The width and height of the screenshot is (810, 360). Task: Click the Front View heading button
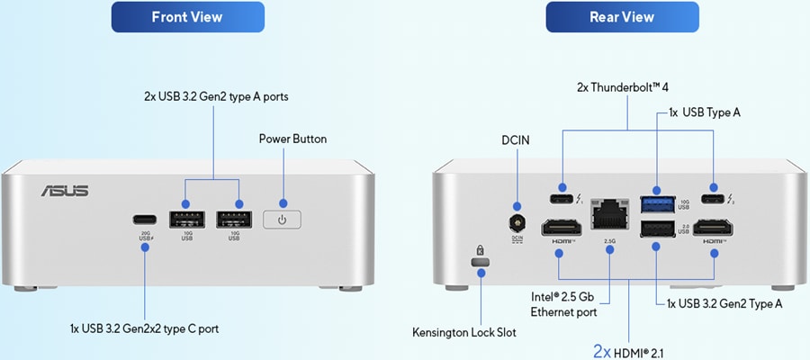[x=187, y=17]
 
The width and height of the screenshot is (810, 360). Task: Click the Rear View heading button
[x=622, y=17]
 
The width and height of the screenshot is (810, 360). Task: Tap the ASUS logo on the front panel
[x=64, y=191]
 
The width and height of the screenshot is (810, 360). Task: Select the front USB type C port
[x=143, y=219]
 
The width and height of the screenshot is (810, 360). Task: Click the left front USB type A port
[x=186, y=219]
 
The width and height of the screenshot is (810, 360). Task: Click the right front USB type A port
[x=235, y=219]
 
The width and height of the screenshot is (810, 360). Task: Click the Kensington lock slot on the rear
[x=481, y=261]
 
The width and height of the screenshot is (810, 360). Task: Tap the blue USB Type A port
[x=656, y=202]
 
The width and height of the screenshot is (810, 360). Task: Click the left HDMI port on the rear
[x=562, y=228]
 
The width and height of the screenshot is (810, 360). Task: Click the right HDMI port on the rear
[x=715, y=228]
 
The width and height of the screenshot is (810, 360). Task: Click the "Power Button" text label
[x=292, y=139]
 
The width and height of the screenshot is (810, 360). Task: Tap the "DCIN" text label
[x=517, y=140]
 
